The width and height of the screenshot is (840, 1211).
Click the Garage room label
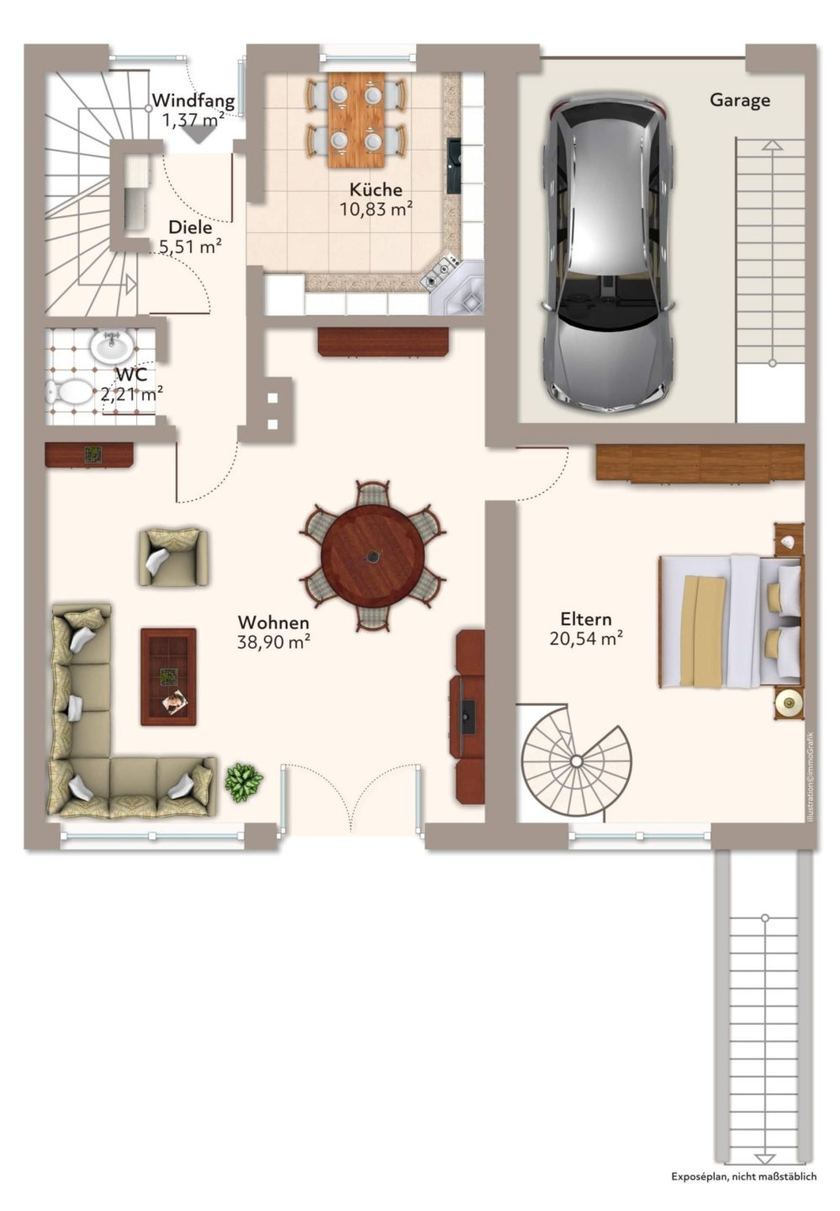pos(739,101)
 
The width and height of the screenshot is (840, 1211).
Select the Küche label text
pos(376,189)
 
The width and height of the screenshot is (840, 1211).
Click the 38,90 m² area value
pos(273,642)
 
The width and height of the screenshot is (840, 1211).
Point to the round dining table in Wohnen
pos(372,555)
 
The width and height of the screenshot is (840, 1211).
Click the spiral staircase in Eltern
pos(576,761)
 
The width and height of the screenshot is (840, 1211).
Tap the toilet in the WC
pos(70,391)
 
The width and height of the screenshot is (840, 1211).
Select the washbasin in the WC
pos(112,345)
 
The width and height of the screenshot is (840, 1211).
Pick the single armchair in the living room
pos(173,557)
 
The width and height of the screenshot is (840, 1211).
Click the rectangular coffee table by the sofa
pos(168,676)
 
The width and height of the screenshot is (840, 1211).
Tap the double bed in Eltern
pos(730,621)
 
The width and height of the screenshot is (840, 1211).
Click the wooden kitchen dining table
pos(356,119)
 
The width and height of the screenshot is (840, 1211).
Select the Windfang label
pos(193,101)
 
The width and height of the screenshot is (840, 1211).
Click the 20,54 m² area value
pos(586,638)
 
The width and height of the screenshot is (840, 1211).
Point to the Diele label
pos(190,227)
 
